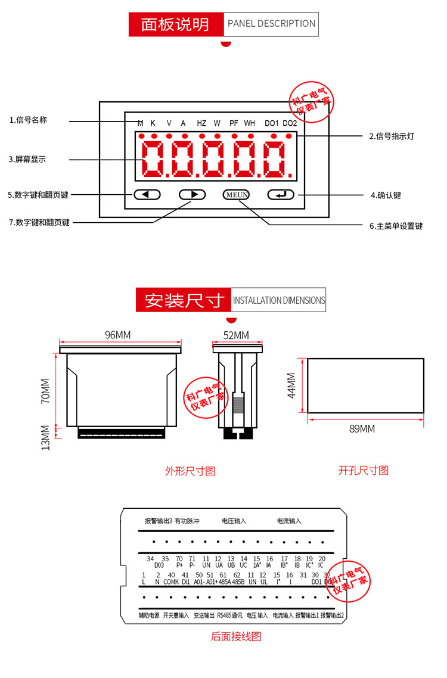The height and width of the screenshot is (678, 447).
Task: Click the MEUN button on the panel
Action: coord(237,194)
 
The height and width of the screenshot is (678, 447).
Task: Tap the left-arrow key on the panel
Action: coord(147,194)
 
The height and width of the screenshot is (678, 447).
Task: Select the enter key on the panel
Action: coord(281,194)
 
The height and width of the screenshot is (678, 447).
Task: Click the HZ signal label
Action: coord(201,123)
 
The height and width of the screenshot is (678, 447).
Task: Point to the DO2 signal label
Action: coord(290,123)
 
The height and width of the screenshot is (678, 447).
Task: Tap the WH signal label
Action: coord(249,123)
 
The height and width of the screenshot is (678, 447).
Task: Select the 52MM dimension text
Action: coord(236,335)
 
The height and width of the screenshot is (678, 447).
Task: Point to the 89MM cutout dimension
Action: coord(362,429)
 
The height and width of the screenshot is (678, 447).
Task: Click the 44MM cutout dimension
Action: coord(291,385)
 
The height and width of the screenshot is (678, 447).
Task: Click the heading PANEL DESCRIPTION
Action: coord(271,24)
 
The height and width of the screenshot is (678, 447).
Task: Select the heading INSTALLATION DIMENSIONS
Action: coord(279,300)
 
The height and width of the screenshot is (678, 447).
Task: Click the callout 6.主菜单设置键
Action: coord(396,226)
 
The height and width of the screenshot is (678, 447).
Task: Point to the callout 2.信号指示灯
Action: coord(391,136)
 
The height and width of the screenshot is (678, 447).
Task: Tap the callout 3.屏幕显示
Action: coord(27,160)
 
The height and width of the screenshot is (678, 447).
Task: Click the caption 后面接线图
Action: coord(236,636)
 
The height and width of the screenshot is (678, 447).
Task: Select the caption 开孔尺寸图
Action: coord(364,471)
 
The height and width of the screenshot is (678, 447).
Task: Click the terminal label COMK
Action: coord(171,581)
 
